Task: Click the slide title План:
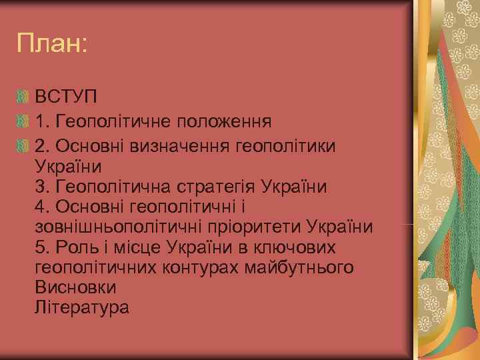[53, 45]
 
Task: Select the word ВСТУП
[67, 100]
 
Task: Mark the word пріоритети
[261, 227]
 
